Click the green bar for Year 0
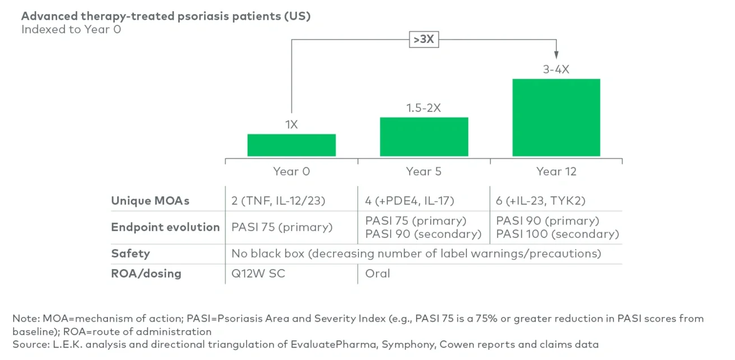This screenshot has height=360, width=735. pos(291,145)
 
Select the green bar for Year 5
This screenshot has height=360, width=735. pos(424,137)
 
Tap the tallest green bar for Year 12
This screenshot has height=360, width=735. pos(556,118)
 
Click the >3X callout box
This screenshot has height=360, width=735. pos(423,40)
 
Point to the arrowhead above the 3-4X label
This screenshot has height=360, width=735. pos(556,55)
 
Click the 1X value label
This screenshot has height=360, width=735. pos(291,124)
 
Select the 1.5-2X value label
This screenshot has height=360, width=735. pos(423,108)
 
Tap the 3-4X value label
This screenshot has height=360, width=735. pos(556,69)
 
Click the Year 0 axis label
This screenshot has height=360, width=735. pos(291,171)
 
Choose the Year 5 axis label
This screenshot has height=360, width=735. pos(423,171)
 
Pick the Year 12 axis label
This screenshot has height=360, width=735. pos(556,171)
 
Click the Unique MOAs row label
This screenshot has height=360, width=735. pos(150,201)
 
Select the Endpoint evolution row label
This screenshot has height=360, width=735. pos(165,227)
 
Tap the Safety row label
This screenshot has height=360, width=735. pos(131,253)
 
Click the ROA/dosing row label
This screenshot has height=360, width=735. pos(146,274)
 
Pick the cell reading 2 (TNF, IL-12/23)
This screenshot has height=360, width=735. pos(278,201)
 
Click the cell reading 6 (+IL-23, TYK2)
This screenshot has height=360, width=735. pos(541,201)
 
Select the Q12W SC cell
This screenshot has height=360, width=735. pos(258,274)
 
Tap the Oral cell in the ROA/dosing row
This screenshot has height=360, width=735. pos(377,274)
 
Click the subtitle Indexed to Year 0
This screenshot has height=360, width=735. pos(71,29)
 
